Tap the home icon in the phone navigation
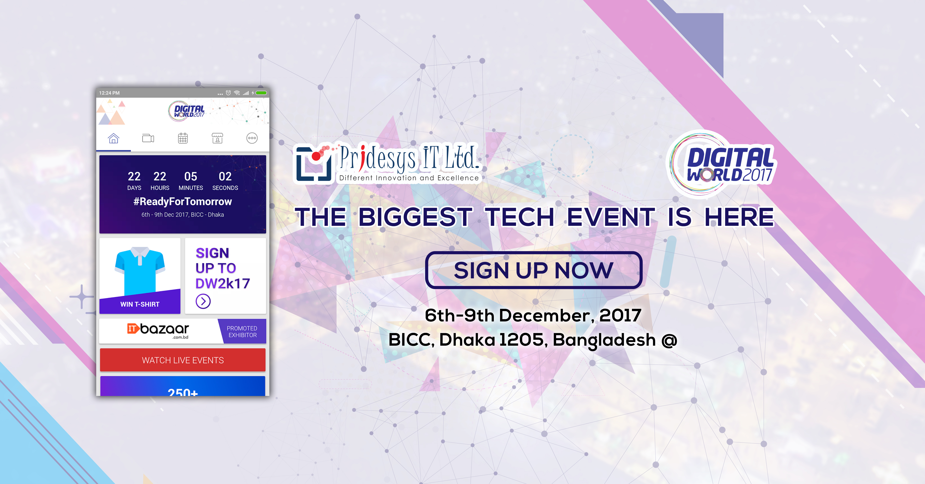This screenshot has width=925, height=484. click(x=113, y=138)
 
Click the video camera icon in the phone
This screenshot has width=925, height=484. click(x=148, y=138)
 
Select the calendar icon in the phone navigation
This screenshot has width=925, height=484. click(x=183, y=138)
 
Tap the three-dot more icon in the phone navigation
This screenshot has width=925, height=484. click(x=252, y=138)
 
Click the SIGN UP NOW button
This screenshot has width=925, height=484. click(x=534, y=270)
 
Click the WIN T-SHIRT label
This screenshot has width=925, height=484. click(x=140, y=304)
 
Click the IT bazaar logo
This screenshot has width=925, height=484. click(x=158, y=330)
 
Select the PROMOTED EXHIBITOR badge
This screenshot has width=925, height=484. click(x=242, y=331)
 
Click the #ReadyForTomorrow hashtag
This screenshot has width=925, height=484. click(x=183, y=201)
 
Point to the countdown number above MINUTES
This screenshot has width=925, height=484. click(x=191, y=176)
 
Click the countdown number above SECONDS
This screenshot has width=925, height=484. click(x=225, y=176)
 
